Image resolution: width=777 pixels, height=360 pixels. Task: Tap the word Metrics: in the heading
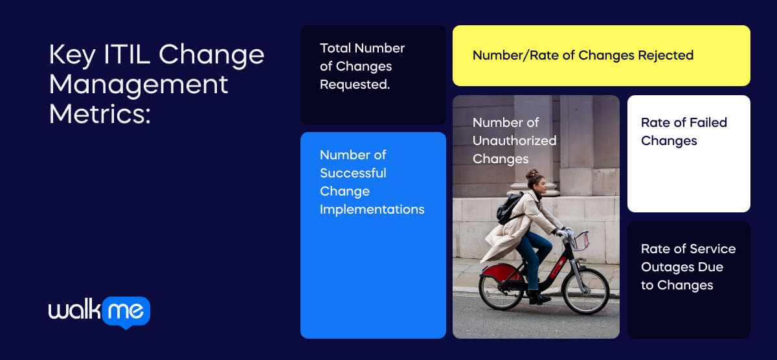tap(100, 115)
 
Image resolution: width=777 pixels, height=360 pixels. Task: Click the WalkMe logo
tap(99, 312)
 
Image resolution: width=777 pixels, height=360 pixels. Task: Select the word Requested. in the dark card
tap(355, 84)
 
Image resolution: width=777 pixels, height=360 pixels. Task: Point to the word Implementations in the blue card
tap(372, 209)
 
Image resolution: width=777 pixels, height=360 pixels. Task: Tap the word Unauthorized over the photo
tap(514, 141)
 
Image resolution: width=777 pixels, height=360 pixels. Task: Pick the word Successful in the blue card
tap(353, 173)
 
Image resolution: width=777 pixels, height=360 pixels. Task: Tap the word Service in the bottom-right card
tap(712, 249)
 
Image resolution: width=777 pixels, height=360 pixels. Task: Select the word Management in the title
tap(139, 85)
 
